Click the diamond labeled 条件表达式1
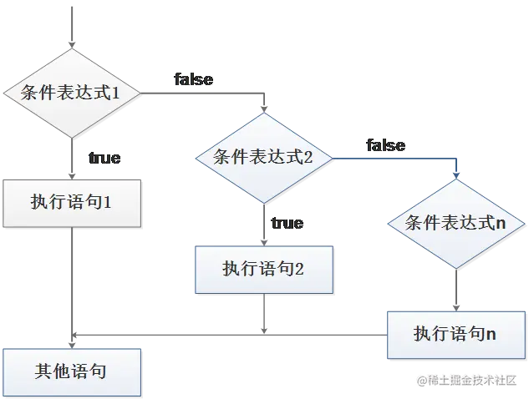[x=74, y=93]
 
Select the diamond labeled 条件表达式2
[x=263, y=156]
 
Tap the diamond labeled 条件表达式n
[x=456, y=223]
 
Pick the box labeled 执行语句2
[x=263, y=268]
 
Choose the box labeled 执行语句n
[x=455, y=334]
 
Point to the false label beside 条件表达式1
[x=193, y=80]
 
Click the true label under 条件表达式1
[x=103, y=158]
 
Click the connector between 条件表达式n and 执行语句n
[x=456, y=289]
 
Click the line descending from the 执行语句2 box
[x=263, y=314]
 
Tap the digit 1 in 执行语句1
[x=107, y=202]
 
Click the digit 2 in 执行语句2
[x=299, y=269]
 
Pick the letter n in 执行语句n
[x=491, y=335]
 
